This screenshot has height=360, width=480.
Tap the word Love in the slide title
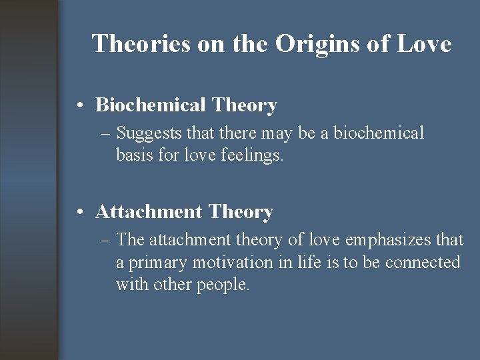pyautogui.click(x=424, y=44)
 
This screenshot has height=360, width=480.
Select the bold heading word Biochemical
pyautogui.click(x=151, y=105)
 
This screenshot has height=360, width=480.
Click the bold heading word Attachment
pyautogui.click(x=149, y=212)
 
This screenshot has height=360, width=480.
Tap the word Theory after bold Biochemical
pyautogui.click(x=244, y=105)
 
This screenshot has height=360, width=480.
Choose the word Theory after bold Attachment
pyautogui.click(x=241, y=212)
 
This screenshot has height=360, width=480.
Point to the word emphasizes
pyautogui.click(x=386, y=240)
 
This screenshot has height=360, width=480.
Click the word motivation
pyautogui.click(x=233, y=262)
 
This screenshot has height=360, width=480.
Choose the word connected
pyautogui.click(x=423, y=262)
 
